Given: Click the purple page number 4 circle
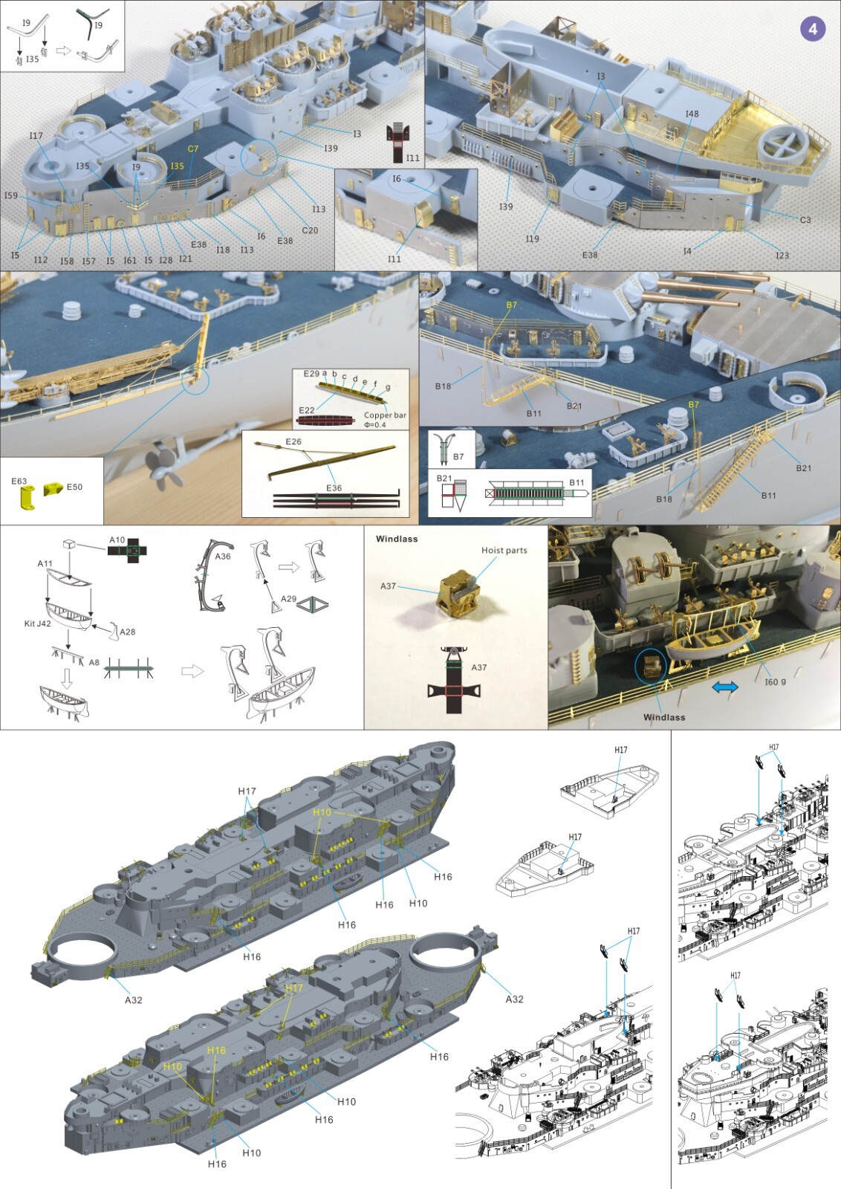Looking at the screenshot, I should tap(813, 29).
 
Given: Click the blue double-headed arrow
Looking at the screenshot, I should tap(724, 687).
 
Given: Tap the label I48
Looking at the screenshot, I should tap(692, 114).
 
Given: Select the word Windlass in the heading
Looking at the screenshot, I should tap(397, 539).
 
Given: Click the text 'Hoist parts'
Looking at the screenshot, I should tap(504, 551).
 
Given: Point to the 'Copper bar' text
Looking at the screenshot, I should tap(385, 415).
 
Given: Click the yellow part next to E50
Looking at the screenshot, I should tap(53, 488).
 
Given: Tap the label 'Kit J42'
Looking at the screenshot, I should tap(37, 623).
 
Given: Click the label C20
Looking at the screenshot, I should tap(310, 230).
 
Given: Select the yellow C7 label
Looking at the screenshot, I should tap(193, 149).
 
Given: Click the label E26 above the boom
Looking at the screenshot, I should tap(293, 441).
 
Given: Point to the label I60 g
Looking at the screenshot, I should tap(775, 681).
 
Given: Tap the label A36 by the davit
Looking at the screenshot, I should tap(223, 556).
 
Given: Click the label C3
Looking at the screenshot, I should tap(805, 220).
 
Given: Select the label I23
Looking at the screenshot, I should tap(782, 256).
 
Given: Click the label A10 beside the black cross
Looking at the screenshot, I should tap(117, 540).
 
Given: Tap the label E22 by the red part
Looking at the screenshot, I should tap(307, 410).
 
